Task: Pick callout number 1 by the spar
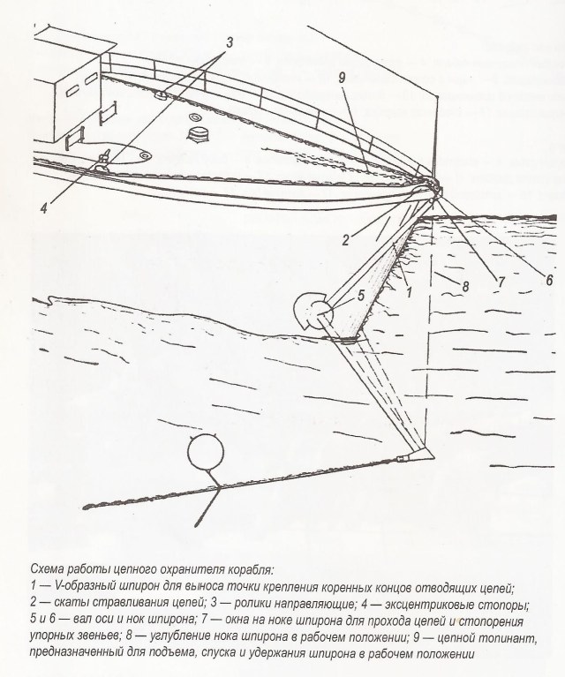(x=410, y=289)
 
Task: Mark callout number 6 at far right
(x=548, y=278)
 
